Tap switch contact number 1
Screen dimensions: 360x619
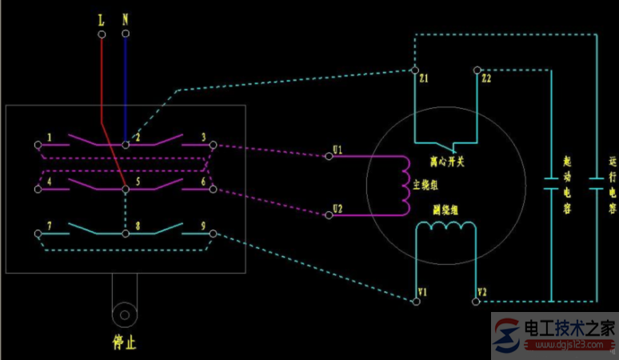[50, 138]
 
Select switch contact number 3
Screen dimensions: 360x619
[204, 138]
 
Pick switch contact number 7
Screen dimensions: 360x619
[50, 227]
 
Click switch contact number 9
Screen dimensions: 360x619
[204, 227]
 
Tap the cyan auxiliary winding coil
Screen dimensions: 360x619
[445, 227]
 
